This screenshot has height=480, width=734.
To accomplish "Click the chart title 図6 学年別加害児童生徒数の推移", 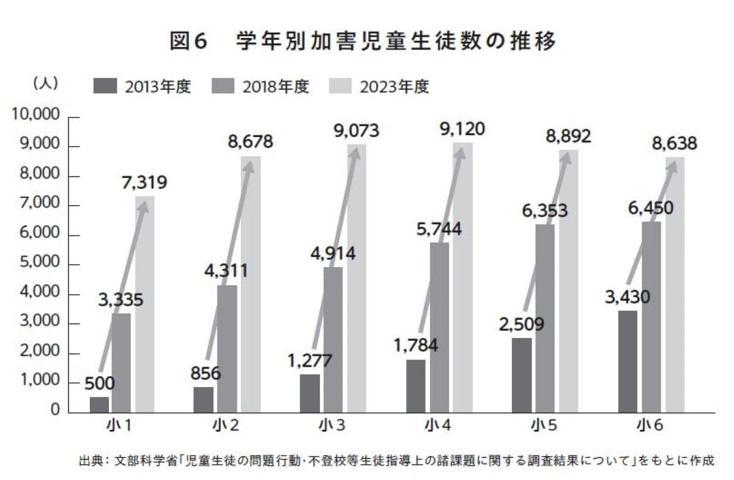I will tap(365, 42).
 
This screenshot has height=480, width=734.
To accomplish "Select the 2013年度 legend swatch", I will tap(105, 86).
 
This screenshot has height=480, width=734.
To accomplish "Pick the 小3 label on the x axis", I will tap(333, 424).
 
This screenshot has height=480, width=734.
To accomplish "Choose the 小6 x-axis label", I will tap(652, 424).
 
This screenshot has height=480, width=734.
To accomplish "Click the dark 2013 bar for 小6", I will tap(628, 361).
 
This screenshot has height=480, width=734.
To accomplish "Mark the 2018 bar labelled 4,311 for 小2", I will tap(228, 349).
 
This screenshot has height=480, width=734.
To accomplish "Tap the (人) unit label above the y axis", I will tap(45, 83).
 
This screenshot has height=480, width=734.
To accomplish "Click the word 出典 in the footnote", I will tap(89, 460).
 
